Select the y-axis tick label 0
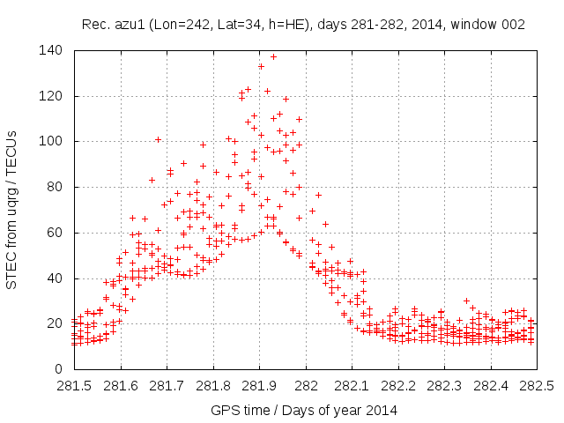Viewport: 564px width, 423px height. (58, 368)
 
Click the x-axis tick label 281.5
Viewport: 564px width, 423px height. (75, 386)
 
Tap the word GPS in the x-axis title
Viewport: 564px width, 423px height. (223, 410)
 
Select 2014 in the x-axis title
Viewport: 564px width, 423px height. (382, 410)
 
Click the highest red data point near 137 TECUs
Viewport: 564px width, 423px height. (273, 56)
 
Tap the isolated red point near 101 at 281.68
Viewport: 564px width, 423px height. (159, 139)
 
